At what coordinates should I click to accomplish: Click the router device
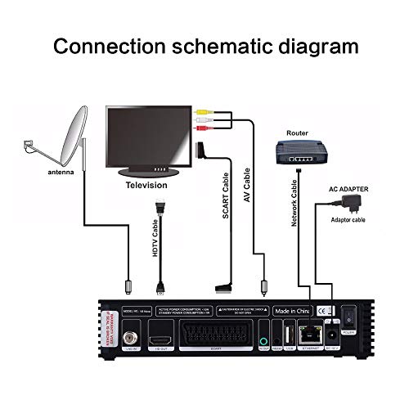click(x=299, y=153)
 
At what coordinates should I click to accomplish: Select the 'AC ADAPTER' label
click(x=348, y=189)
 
